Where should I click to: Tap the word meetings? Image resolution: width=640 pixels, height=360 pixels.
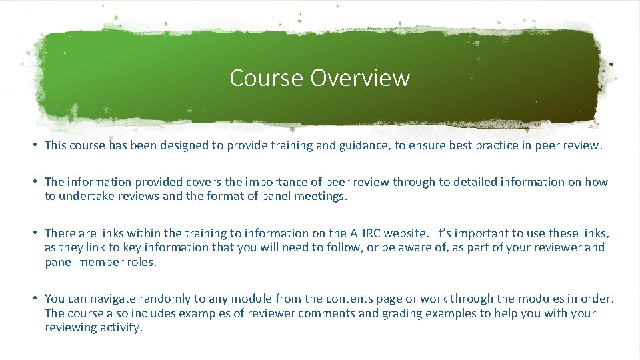322,196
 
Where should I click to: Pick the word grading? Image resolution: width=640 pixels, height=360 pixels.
403,313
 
